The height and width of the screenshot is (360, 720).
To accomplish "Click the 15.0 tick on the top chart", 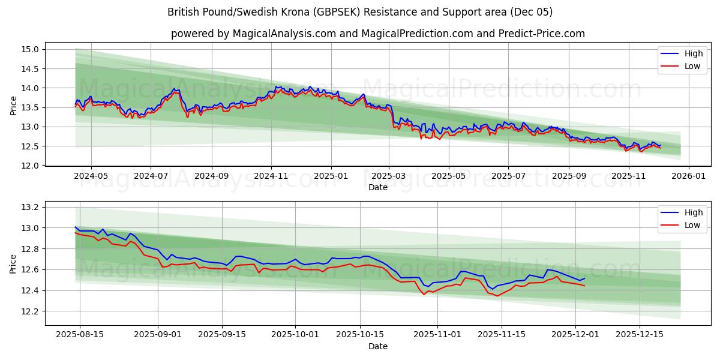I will (31, 49).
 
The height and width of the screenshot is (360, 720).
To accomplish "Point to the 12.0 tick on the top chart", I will (31, 166).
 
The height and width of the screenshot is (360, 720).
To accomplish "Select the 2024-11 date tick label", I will (271, 176).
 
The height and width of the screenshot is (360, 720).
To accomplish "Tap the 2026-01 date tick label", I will (688, 176).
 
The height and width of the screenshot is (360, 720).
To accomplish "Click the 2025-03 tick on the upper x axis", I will (389, 176).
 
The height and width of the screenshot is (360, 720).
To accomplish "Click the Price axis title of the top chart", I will (13, 106).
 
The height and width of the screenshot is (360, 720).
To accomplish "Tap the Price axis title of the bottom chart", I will (13, 263).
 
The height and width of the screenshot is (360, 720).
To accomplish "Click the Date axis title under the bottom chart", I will (377, 346).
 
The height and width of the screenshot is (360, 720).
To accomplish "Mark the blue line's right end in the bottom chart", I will (584, 278).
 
